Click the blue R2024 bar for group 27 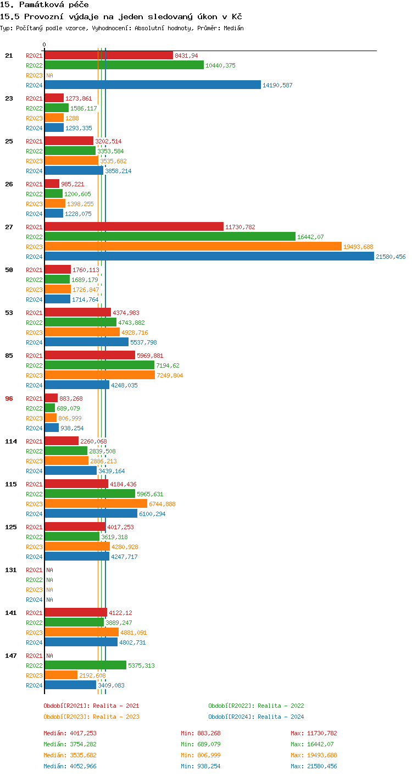pyautogui.click(x=209, y=257)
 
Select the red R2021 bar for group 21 pyautogui.click(x=109, y=56)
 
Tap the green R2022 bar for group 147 pyautogui.click(x=85, y=666)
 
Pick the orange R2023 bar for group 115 pyautogui.click(x=96, y=504)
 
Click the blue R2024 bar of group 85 pyautogui.click(x=77, y=385)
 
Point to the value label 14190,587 pyautogui.click(x=277, y=85)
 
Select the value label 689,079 pyautogui.click(x=69, y=408)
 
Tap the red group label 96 pyautogui.click(x=9, y=398)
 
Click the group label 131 pyautogui.click(x=11, y=570)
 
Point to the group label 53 pyautogui.click(x=9, y=313)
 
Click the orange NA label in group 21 pyautogui.click(x=49, y=75)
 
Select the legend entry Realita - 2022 pyautogui.click(x=256, y=706)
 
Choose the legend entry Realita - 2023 pyautogui.click(x=91, y=717)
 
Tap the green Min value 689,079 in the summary pyautogui.click(x=211, y=744)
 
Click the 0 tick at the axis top pyautogui.click(x=44, y=45)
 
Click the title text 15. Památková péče pyautogui.click(x=44, y=4)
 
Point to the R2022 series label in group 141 pyautogui.click(x=34, y=623)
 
